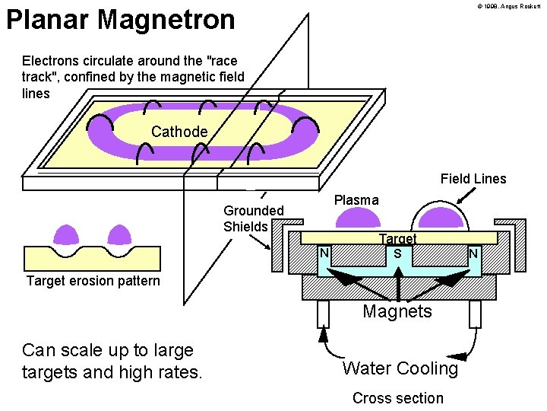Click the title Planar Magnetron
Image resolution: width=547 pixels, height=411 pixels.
click(x=121, y=20)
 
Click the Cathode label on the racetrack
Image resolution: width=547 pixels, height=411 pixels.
click(x=179, y=132)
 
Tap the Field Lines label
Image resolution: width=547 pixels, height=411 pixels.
click(x=473, y=179)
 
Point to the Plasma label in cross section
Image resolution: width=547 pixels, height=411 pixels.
click(x=356, y=200)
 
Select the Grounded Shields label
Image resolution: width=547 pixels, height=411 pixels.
click(x=253, y=218)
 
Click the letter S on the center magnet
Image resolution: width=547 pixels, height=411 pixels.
click(x=397, y=252)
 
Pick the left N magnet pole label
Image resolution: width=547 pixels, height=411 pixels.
click(x=324, y=252)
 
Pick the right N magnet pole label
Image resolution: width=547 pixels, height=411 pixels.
click(x=473, y=252)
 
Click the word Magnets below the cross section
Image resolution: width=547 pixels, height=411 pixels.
click(x=397, y=311)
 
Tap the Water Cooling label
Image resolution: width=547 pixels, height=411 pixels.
click(x=400, y=368)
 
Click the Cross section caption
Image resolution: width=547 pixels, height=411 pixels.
click(x=398, y=398)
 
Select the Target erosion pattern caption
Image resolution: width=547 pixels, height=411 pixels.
click(x=93, y=281)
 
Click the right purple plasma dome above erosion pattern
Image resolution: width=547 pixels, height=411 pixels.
click(x=118, y=234)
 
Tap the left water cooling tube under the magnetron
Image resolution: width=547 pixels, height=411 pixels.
click(x=322, y=313)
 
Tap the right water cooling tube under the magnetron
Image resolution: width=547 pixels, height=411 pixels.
click(x=476, y=313)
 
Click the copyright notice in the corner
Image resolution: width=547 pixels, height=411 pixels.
click(x=508, y=6)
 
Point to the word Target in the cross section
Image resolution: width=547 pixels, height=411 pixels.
click(x=398, y=239)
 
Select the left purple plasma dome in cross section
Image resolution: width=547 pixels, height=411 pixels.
click(x=358, y=218)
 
